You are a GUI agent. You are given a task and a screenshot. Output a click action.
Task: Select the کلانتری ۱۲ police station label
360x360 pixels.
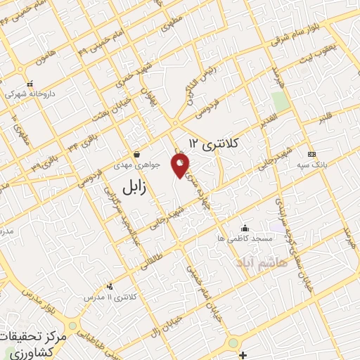pos(214,144)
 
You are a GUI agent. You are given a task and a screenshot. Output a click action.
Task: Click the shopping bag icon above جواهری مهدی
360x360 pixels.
pos(137,154)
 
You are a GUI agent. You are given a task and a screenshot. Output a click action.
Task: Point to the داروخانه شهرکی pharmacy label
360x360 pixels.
pos(30,92)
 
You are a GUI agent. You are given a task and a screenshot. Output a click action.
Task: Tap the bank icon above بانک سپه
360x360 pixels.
pos(311,155)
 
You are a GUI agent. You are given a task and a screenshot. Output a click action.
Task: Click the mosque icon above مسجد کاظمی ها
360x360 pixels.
pos(244,228)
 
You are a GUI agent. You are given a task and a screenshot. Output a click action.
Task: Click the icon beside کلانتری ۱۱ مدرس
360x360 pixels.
pos(109,286)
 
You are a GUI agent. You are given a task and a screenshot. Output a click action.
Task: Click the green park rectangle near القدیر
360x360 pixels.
pos(281,102)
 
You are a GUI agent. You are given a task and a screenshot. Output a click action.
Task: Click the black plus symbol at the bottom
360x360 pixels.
pos(241,354)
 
